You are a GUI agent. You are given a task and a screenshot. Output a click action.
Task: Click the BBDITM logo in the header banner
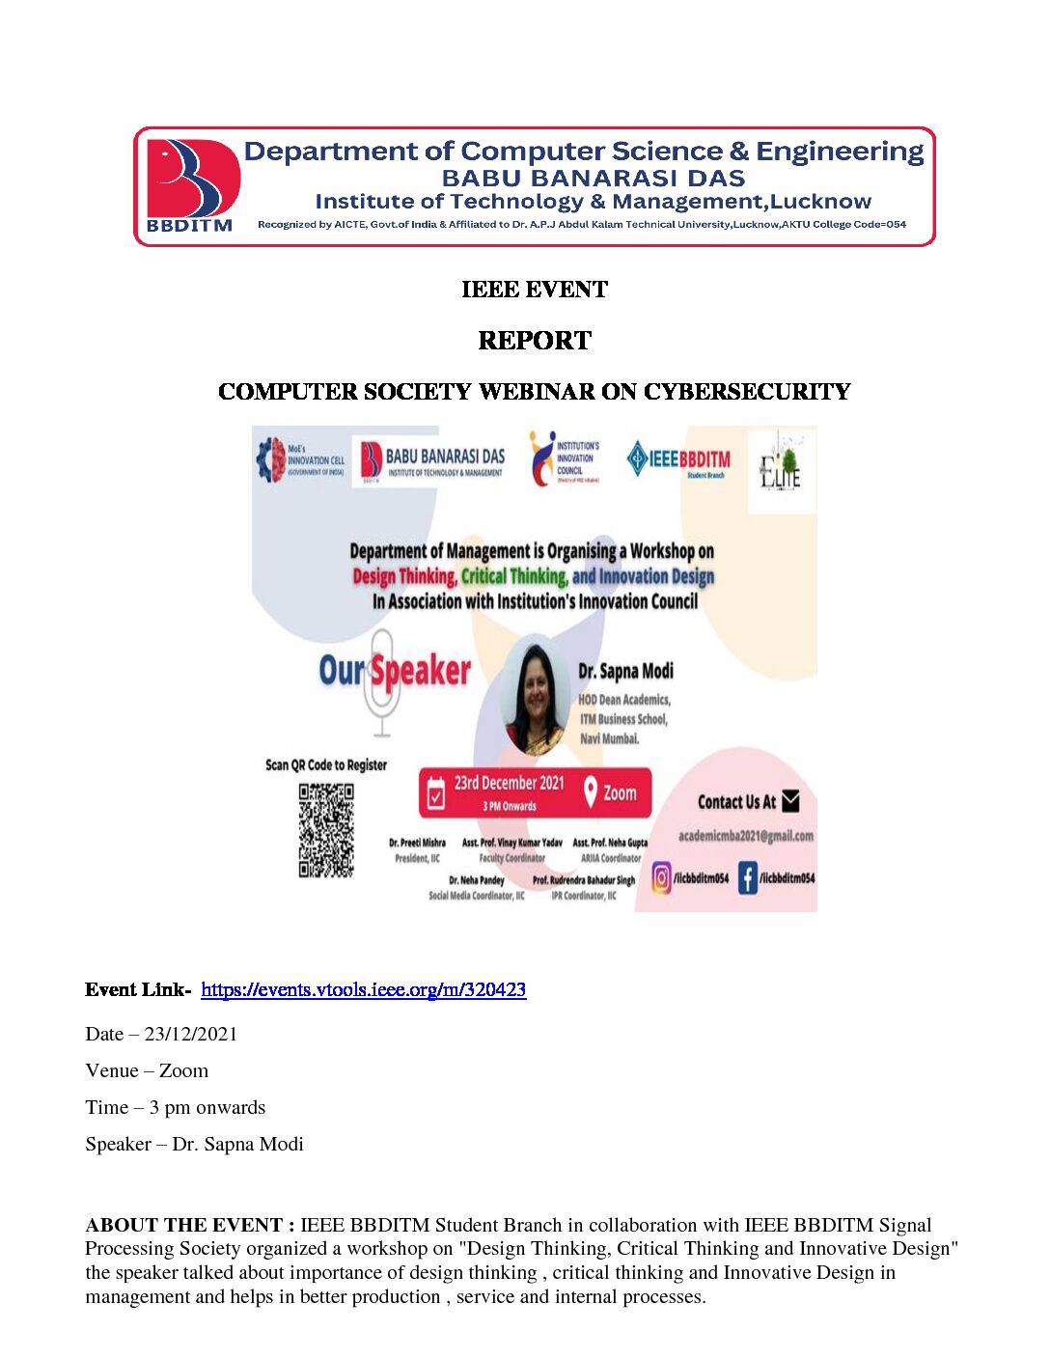click(x=190, y=184)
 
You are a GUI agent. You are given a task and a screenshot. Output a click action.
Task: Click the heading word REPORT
click(x=534, y=341)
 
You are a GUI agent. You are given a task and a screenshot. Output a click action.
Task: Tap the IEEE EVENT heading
click(x=534, y=290)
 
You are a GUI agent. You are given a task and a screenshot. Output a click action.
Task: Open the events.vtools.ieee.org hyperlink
click(x=363, y=989)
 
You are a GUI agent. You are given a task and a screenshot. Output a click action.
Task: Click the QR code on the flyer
click(x=326, y=830)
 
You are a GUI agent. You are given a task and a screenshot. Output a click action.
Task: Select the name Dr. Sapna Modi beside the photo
click(x=625, y=671)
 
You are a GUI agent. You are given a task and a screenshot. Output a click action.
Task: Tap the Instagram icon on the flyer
click(x=662, y=877)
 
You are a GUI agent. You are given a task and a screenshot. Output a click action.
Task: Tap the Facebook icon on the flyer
click(x=748, y=877)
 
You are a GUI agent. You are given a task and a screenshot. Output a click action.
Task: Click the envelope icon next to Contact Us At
click(x=790, y=801)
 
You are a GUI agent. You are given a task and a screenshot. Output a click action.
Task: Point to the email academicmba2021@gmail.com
click(x=745, y=836)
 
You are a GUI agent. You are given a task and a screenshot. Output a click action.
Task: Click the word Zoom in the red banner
click(x=620, y=792)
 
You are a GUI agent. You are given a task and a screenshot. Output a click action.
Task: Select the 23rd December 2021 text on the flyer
click(x=509, y=783)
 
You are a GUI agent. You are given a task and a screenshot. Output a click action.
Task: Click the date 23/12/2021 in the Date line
click(x=191, y=1034)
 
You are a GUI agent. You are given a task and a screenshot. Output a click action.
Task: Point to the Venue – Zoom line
click(x=147, y=1070)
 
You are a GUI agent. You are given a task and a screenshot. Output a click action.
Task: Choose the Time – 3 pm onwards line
click(x=175, y=1107)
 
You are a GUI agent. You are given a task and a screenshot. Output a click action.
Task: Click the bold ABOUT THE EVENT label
click(x=190, y=1225)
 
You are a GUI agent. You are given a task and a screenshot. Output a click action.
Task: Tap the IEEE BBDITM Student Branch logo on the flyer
click(x=679, y=460)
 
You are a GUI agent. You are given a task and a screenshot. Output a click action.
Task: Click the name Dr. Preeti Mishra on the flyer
click(x=417, y=843)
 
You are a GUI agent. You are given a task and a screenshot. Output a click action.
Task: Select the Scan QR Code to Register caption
click(x=326, y=764)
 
